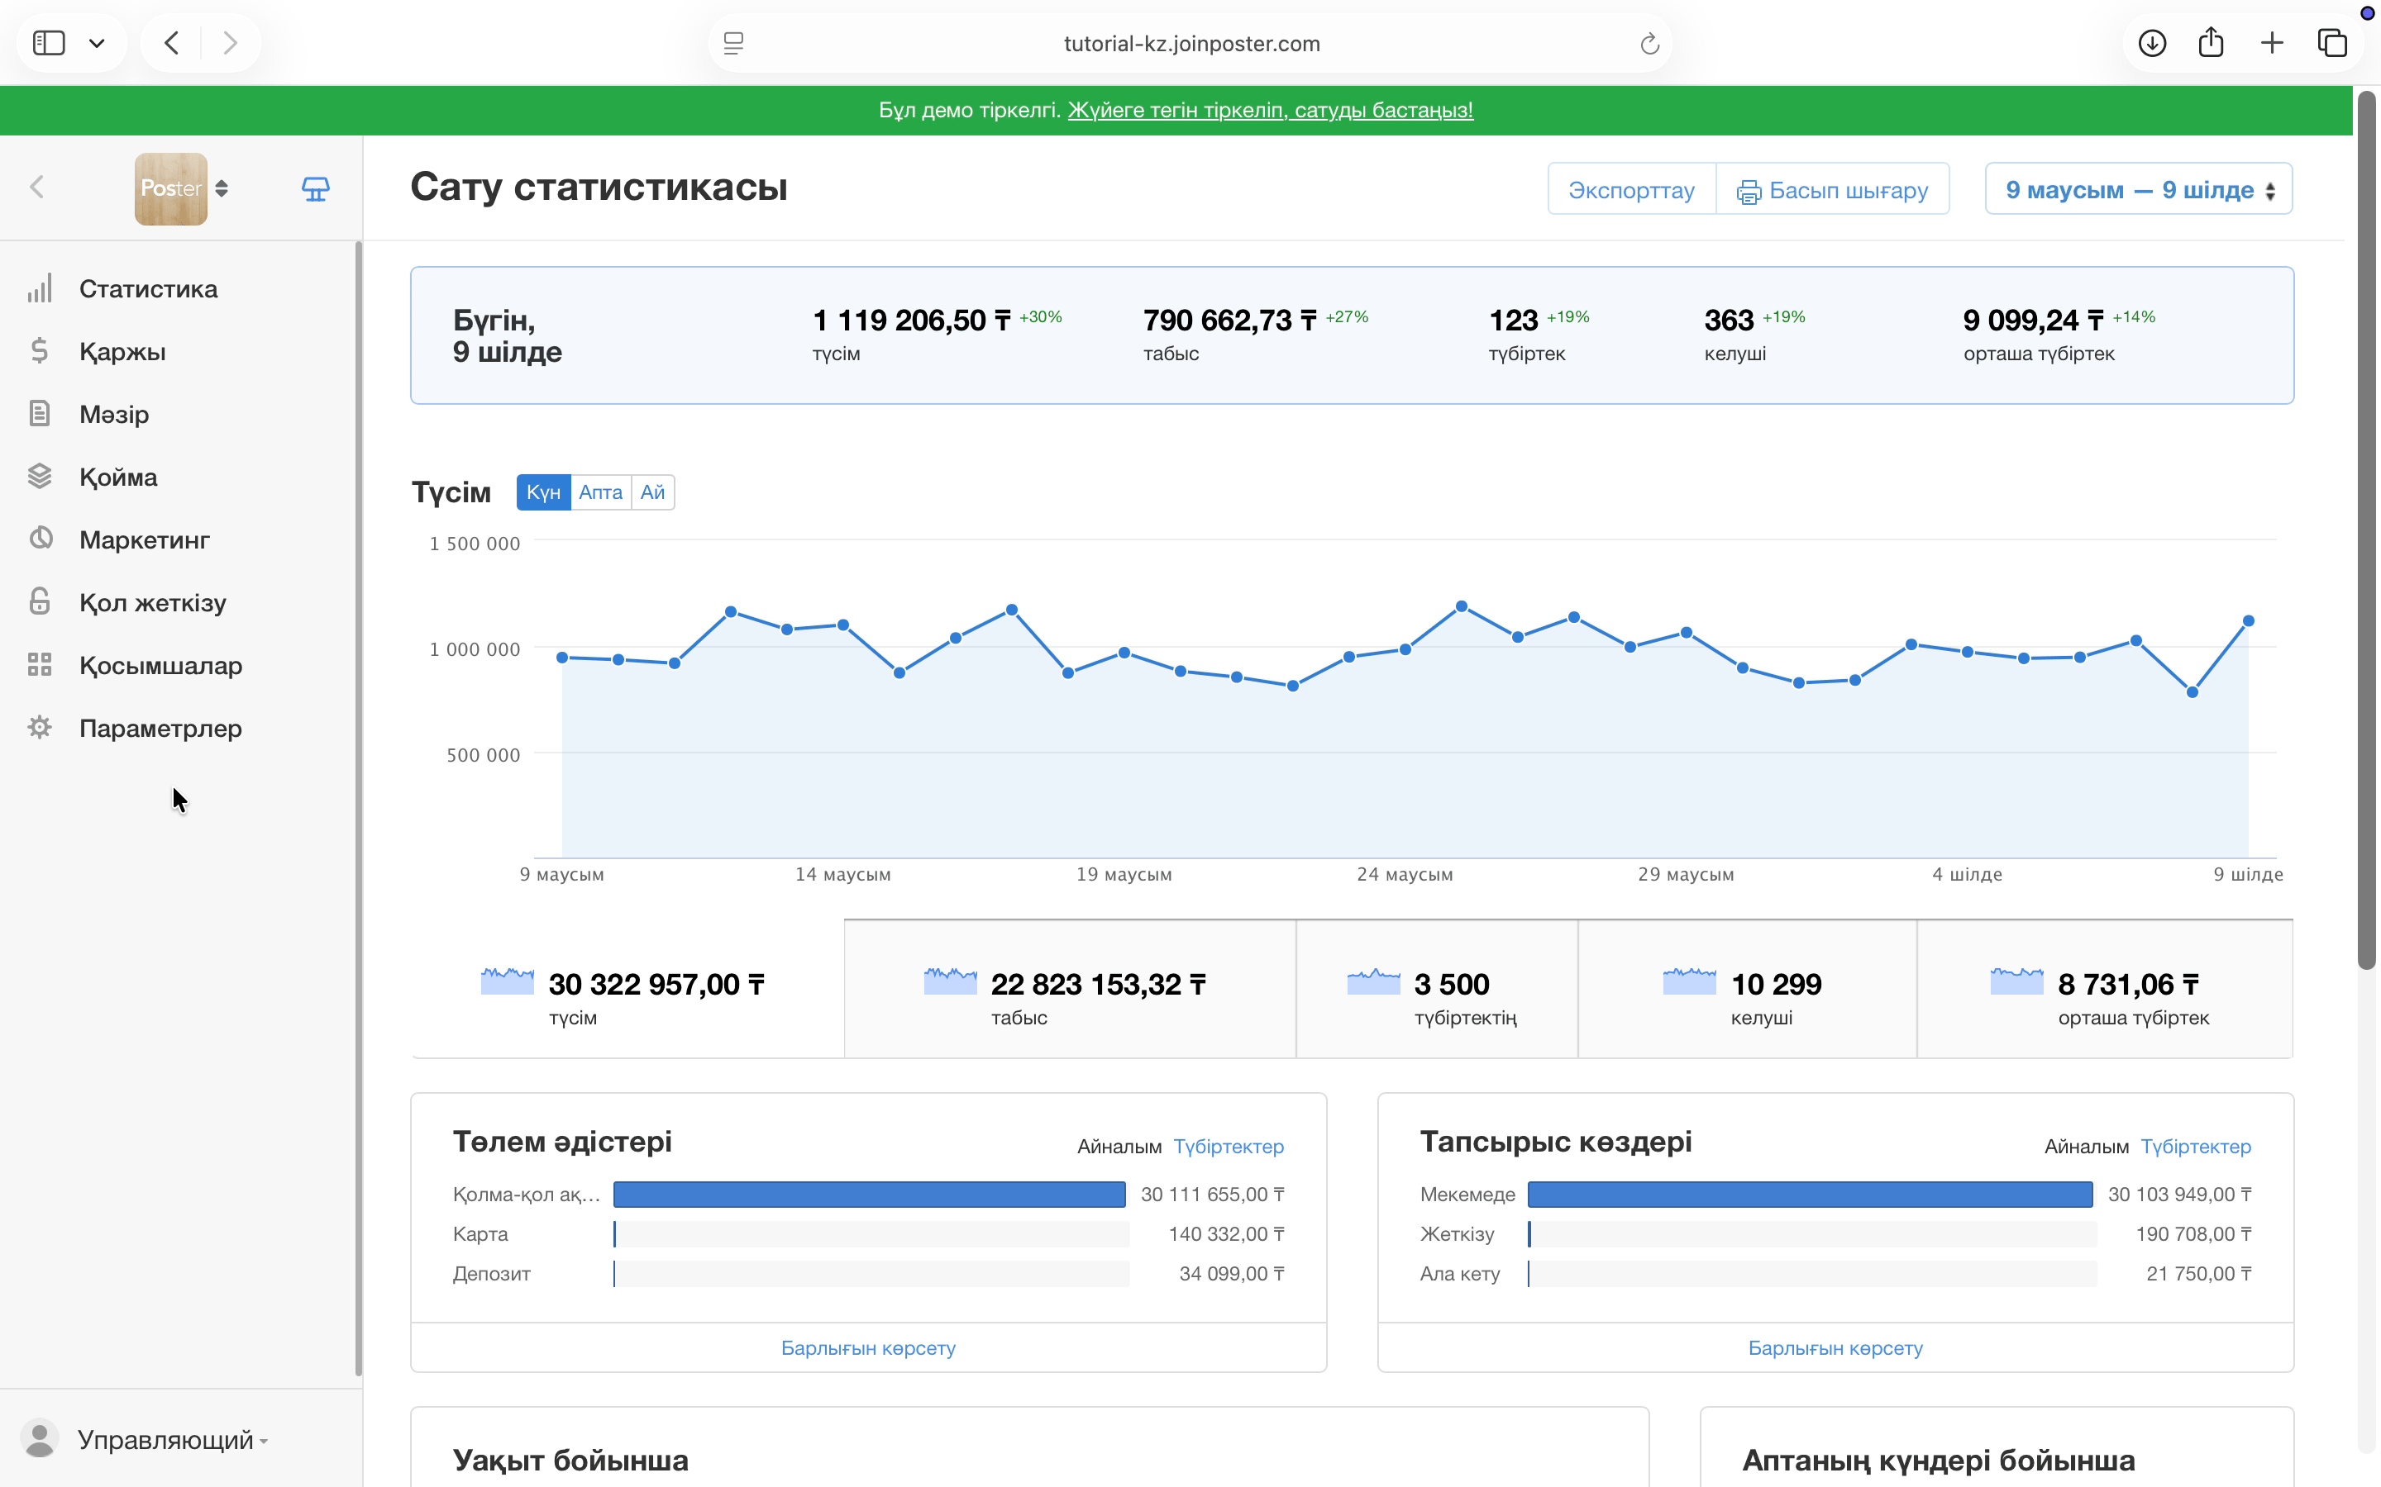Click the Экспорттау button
click(x=1631, y=189)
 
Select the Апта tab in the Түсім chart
click(x=600, y=492)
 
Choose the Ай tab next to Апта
click(x=652, y=492)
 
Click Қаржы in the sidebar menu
click(x=122, y=351)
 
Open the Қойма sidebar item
click(x=118, y=477)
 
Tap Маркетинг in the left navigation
click(x=145, y=540)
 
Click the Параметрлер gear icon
click(x=40, y=728)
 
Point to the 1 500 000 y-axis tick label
click(x=475, y=544)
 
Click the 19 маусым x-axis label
click(x=1124, y=874)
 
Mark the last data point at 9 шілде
click(x=2248, y=620)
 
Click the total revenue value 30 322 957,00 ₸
click(x=656, y=985)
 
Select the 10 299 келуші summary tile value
click(x=1776, y=985)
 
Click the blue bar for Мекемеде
click(x=1810, y=1194)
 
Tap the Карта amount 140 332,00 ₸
click(x=1226, y=1234)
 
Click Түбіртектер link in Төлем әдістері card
click(x=1229, y=1147)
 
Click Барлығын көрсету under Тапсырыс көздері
click(x=1835, y=1347)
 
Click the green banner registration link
click(x=1270, y=110)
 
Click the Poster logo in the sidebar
click(x=171, y=189)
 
